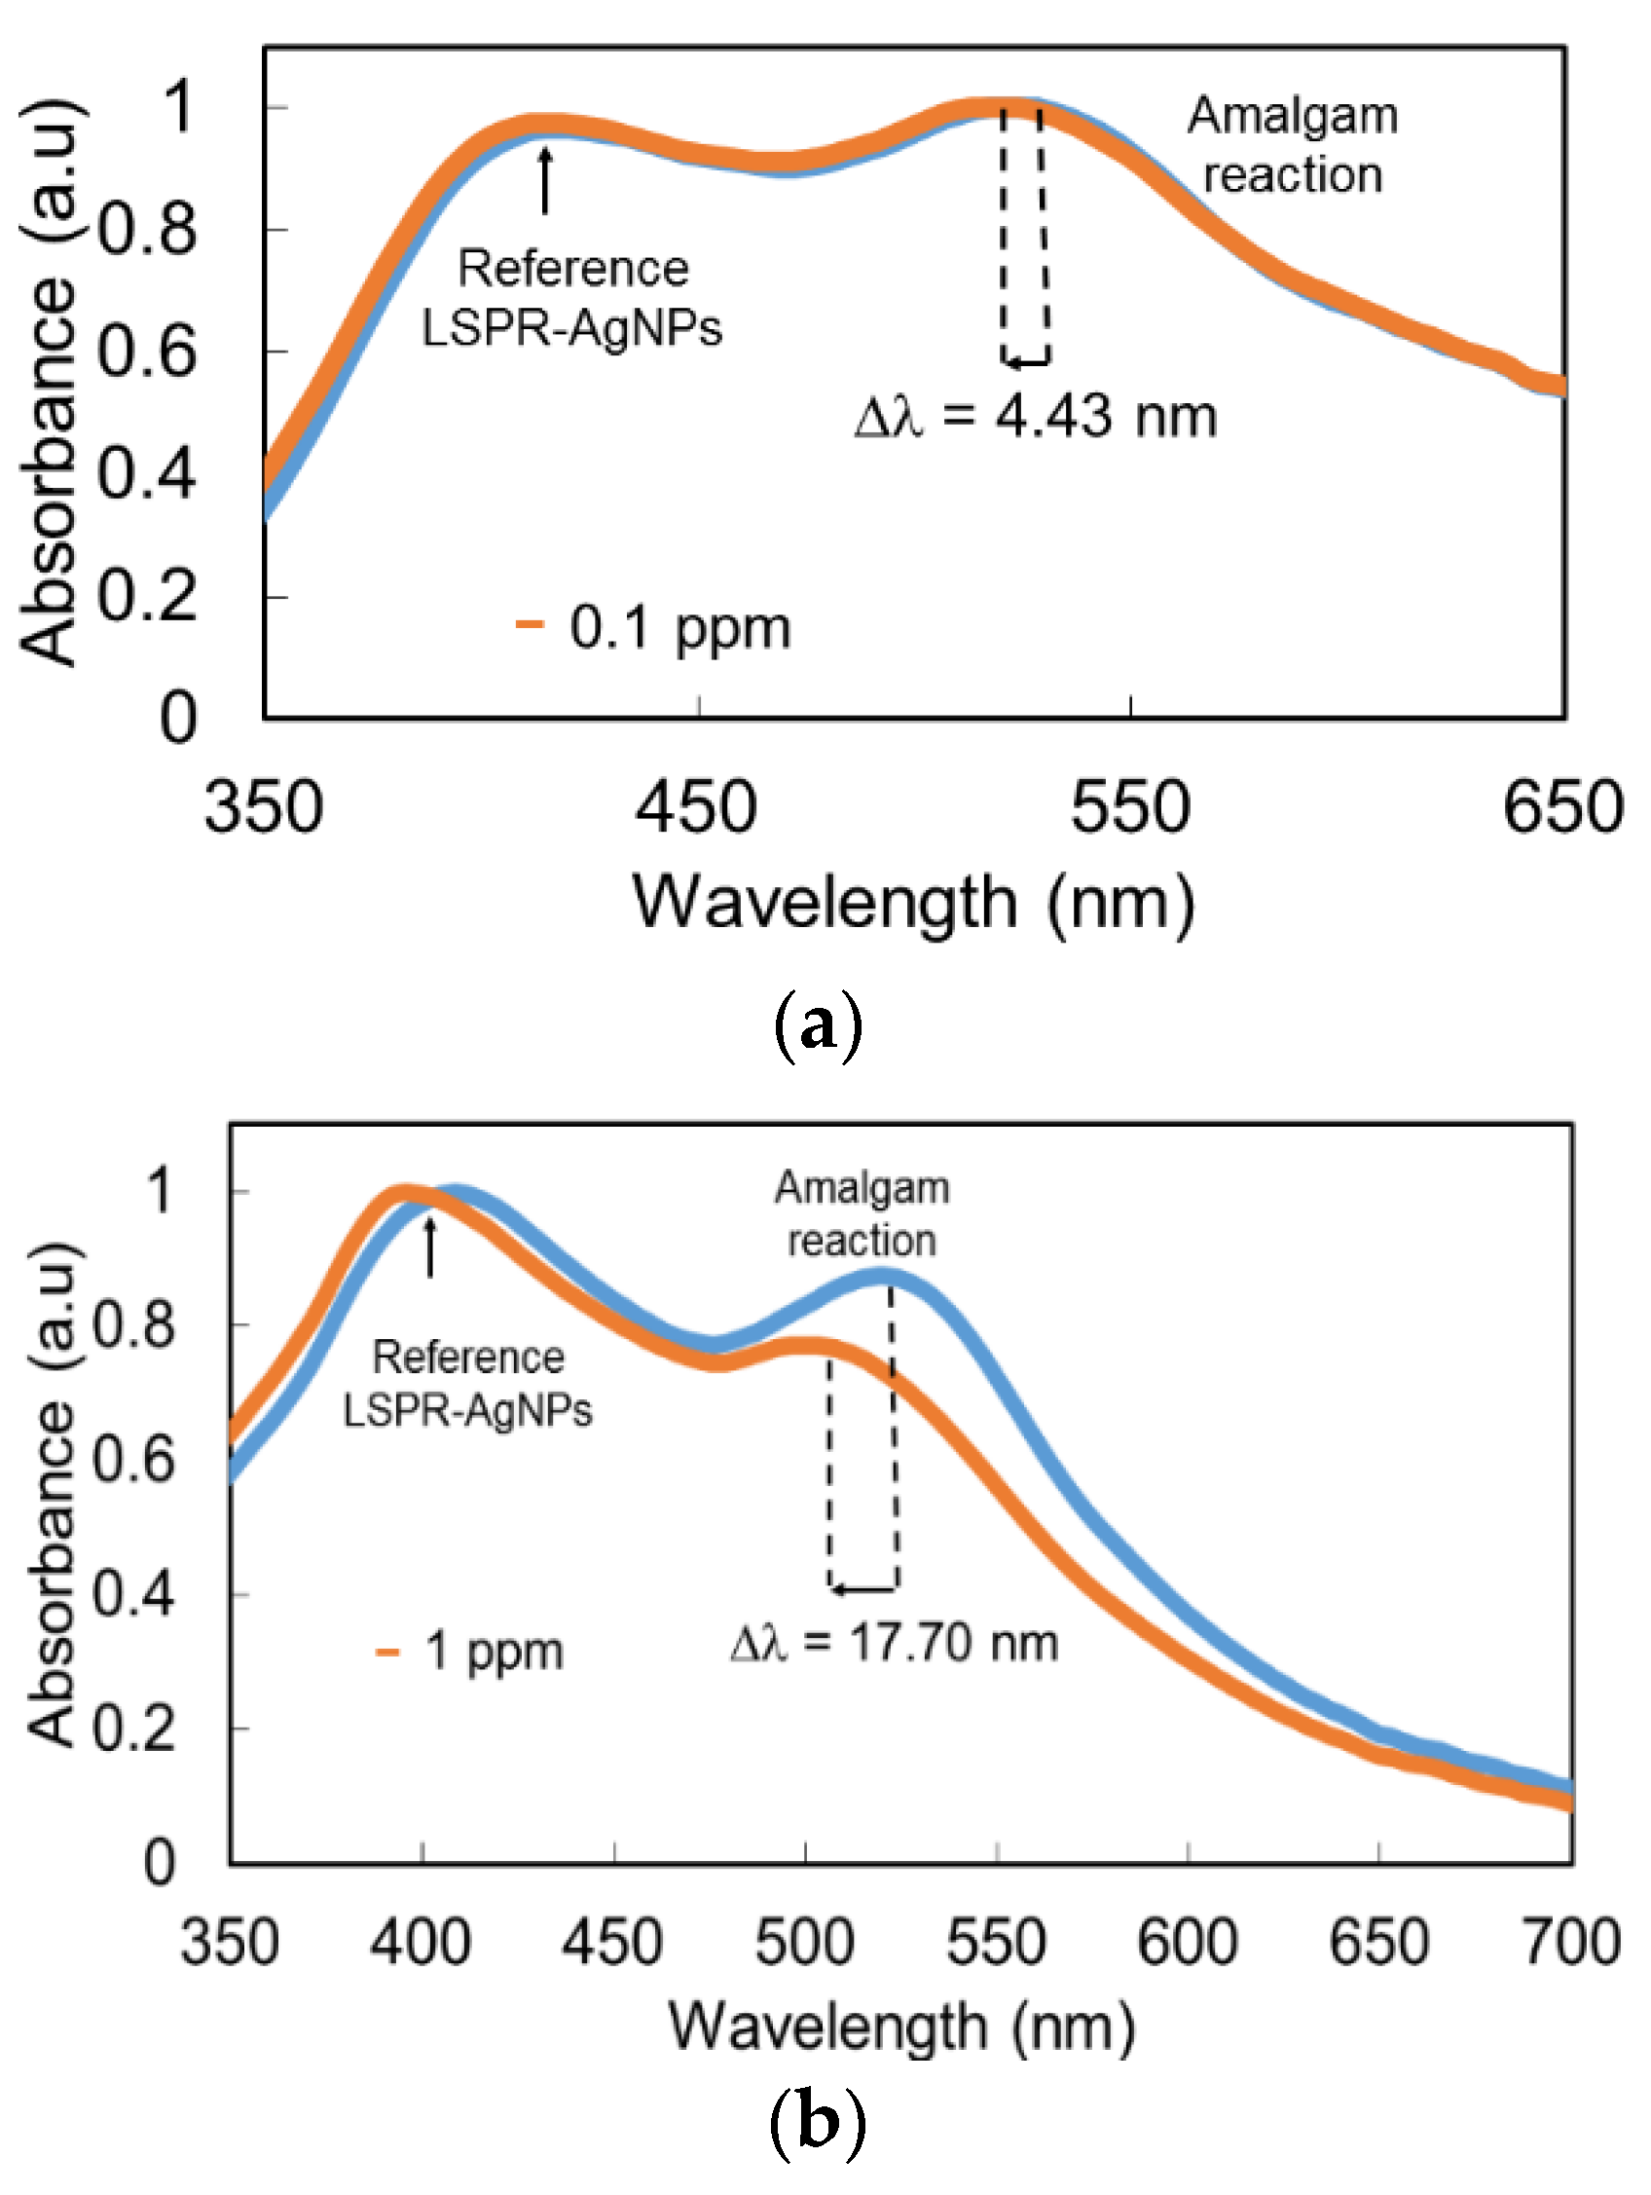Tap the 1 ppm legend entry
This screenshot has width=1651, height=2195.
click(471, 1653)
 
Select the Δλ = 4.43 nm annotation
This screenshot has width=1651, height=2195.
click(1036, 416)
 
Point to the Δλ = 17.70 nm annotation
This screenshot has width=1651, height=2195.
click(894, 1642)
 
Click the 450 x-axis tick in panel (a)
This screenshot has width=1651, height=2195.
click(697, 807)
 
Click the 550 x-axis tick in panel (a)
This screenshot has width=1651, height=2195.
click(1130, 807)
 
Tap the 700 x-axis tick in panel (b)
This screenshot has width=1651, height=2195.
click(1571, 1943)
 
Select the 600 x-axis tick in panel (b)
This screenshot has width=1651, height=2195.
click(1188, 1943)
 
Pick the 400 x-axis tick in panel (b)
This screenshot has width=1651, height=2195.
click(422, 1943)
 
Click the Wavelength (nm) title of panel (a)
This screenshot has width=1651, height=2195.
click(913, 903)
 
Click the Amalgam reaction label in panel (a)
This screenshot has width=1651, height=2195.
click(1292, 145)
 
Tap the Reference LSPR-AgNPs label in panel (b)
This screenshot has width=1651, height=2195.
click(467, 1383)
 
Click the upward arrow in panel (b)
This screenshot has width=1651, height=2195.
click(430, 1246)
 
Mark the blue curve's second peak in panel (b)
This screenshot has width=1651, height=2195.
click(883, 1276)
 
